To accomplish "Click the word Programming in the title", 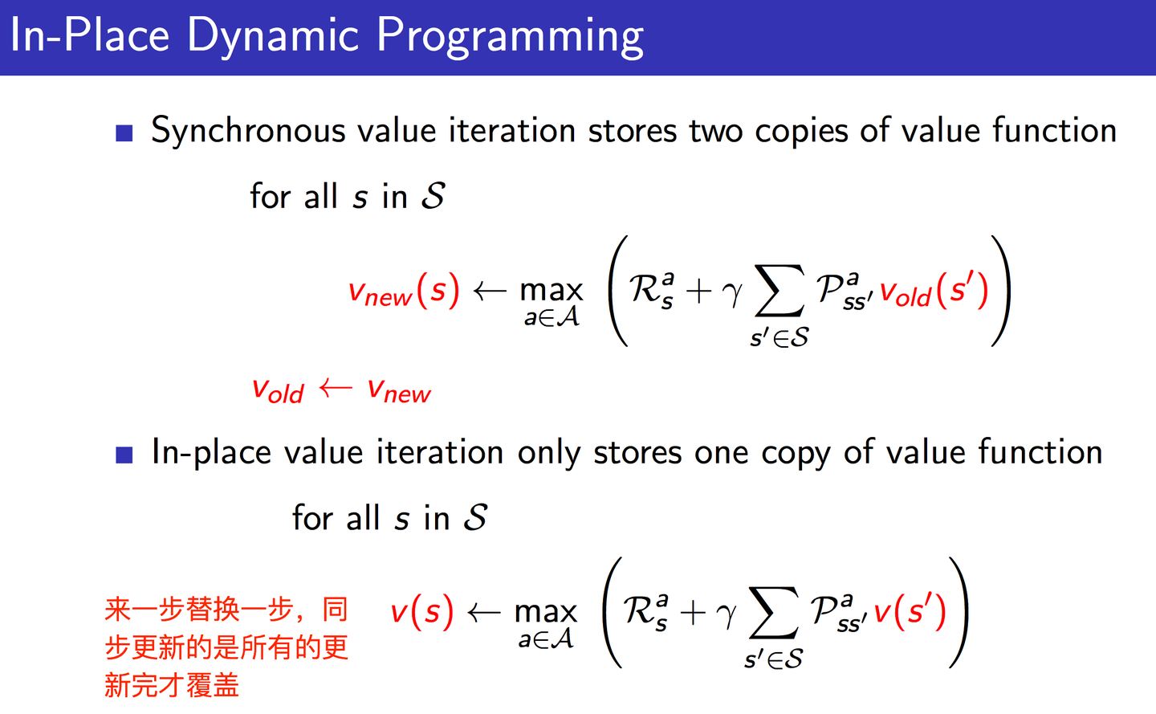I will (510, 37).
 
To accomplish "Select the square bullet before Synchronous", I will (124, 133).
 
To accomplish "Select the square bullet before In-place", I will (124, 455).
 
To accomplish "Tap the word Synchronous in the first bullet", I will (248, 131).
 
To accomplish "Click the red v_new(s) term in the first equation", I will (404, 292).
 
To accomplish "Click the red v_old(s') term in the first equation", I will (934, 292).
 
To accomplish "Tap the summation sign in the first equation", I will (779, 292).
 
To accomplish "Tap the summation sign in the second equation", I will (772, 614).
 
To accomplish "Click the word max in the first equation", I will (551, 290).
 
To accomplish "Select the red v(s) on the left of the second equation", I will (422, 613).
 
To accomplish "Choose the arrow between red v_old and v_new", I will (336, 390).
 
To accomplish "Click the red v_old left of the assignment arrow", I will (278, 391).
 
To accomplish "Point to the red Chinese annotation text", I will (226, 647).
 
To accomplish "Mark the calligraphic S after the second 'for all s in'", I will (475, 518).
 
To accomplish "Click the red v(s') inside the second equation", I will (910, 613).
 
